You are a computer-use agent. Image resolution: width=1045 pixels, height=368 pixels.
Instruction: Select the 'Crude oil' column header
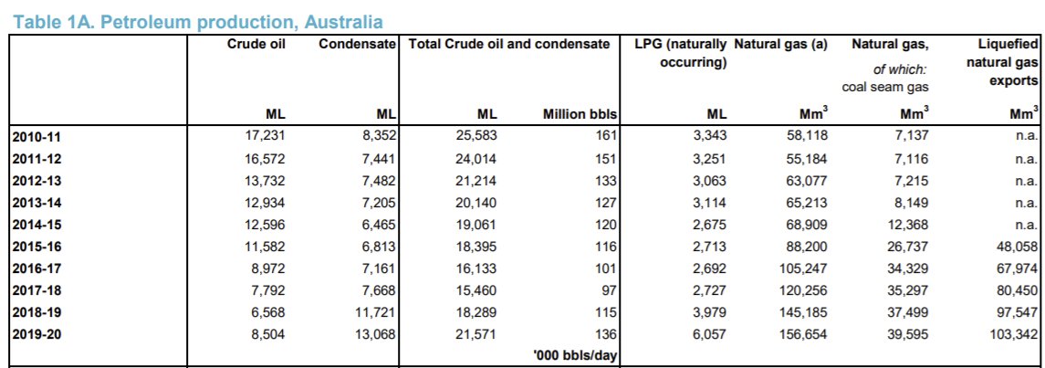point(256,44)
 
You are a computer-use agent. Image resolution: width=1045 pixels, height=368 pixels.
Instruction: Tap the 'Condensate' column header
point(358,44)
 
